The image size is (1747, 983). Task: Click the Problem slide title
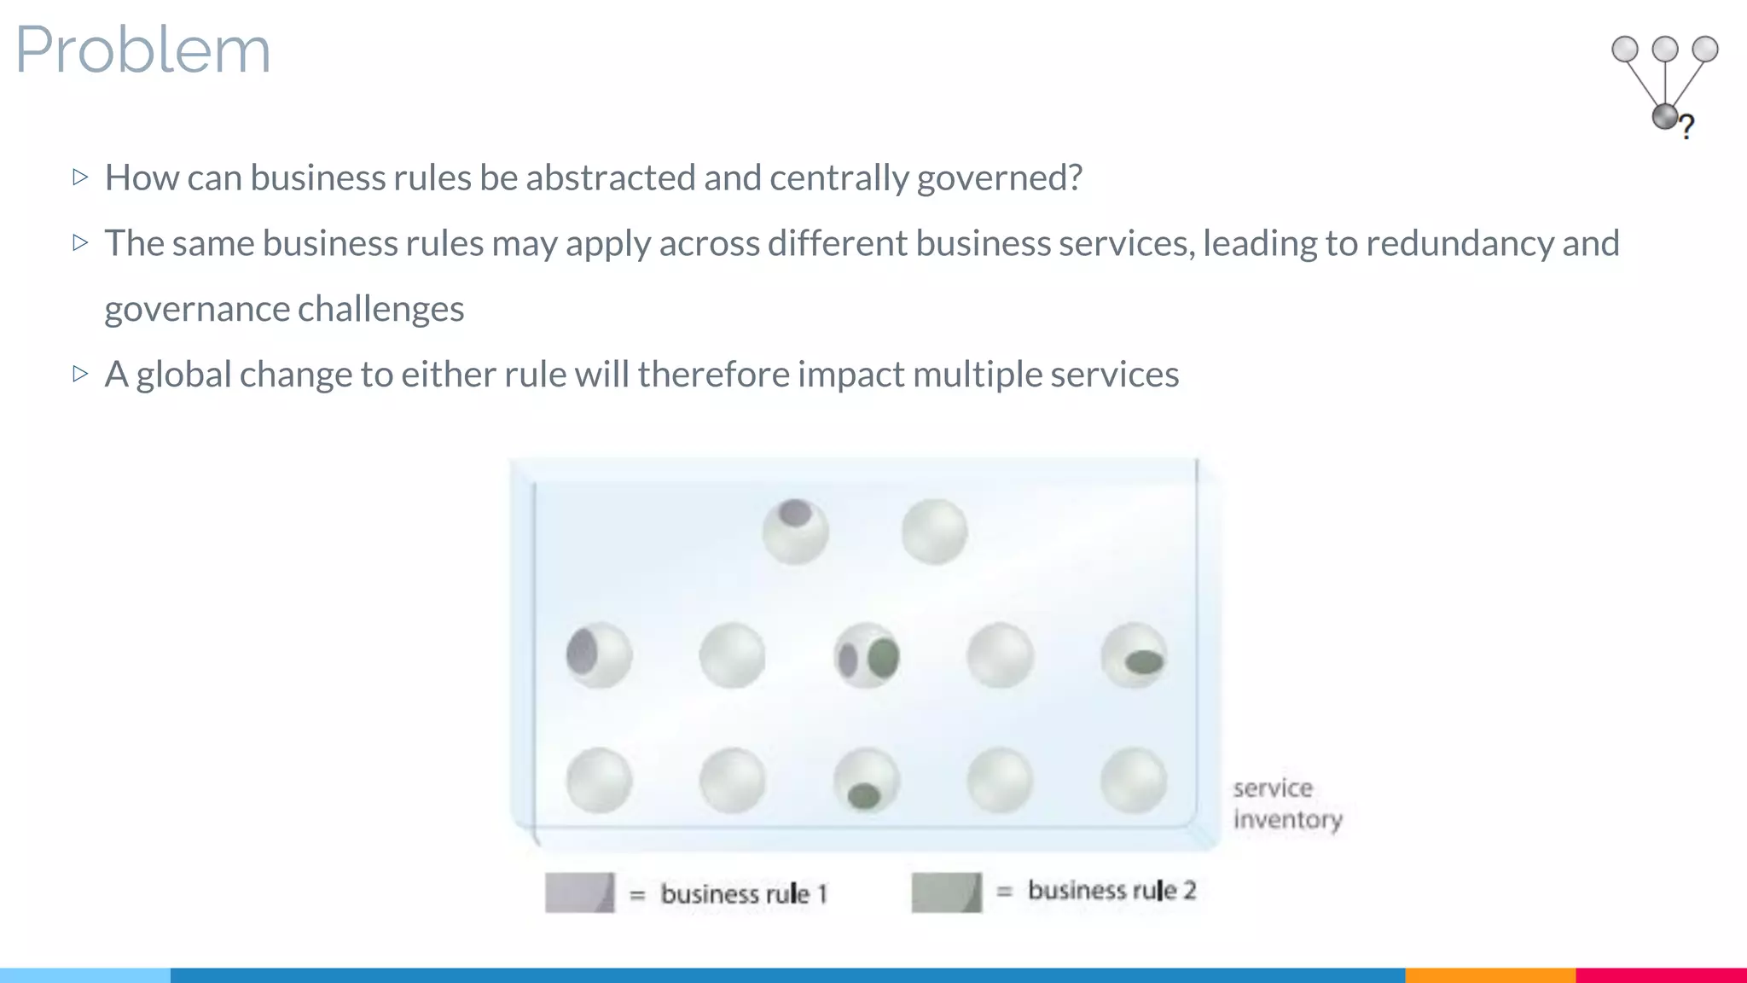143,49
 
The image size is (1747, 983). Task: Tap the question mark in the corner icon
1686,127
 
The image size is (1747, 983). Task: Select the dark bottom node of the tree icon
1664,116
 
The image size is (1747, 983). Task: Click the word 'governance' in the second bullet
196,309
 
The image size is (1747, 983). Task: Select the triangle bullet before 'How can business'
81,177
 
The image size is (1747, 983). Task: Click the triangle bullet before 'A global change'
81,374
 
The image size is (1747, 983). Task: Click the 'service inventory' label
1286,803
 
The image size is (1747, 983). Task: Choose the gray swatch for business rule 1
579,893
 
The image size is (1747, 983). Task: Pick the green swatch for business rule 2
946,893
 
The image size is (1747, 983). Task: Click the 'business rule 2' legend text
1111,890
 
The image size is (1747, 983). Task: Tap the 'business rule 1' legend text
744,893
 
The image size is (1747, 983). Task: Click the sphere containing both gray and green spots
867,656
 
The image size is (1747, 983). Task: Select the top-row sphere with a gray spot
795,532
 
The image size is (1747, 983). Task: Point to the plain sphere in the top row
935,532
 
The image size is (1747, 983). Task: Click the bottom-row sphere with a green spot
867,781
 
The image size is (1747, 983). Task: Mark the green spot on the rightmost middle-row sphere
1144,661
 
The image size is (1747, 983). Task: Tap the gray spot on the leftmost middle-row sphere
582,650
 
